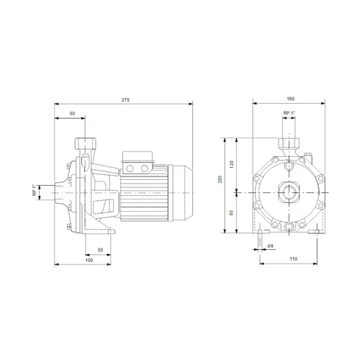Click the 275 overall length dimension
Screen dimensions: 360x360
pos(125,99)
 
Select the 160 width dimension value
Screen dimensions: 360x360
pos(290,99)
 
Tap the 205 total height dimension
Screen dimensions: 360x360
pos(220,179)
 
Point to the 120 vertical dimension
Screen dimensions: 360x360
pos(232,165)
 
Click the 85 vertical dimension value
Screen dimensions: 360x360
pos(232,212)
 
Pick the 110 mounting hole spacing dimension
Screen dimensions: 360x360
pos(293,258)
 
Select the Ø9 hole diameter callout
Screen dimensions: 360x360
pos(270,246)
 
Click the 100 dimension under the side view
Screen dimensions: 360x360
pos(89,260)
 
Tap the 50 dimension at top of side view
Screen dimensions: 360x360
pos(72,114)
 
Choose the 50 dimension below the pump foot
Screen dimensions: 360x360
pos(100,250)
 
